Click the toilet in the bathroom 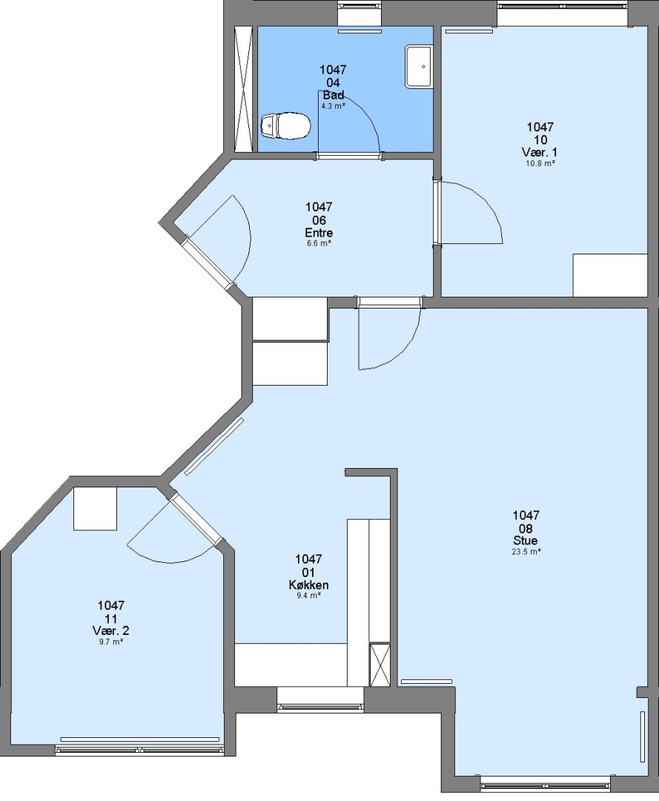[x=285, y=125]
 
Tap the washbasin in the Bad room [x=419, y=67]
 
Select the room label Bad [x=334, y=95]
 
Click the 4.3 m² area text [x=334, y=106]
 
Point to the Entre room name [x=319, y=232]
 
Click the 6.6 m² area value [x=319, y=243]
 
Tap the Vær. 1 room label [x=540, y=152]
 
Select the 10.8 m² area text [x=540, y=163]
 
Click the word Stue [x=526, y=541]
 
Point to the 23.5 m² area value [x=526, y=552]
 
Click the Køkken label [x=309, y=585]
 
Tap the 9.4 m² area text [x=309, y=596]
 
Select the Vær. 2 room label [x=110, y=631]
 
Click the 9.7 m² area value [x=111, y=642]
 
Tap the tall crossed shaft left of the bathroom [x=243, y=89]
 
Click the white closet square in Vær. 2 [x=96, y=509]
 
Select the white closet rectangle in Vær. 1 [x=610, y=275]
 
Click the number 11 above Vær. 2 [x=110, y=619]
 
